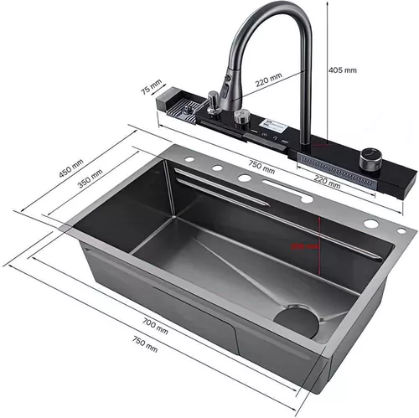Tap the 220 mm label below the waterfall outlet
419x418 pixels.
tap(325, 178)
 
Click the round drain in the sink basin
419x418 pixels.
tap(298, 322)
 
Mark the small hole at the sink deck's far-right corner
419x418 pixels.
tap(401, 230)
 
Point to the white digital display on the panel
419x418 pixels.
tap(276, 132)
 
